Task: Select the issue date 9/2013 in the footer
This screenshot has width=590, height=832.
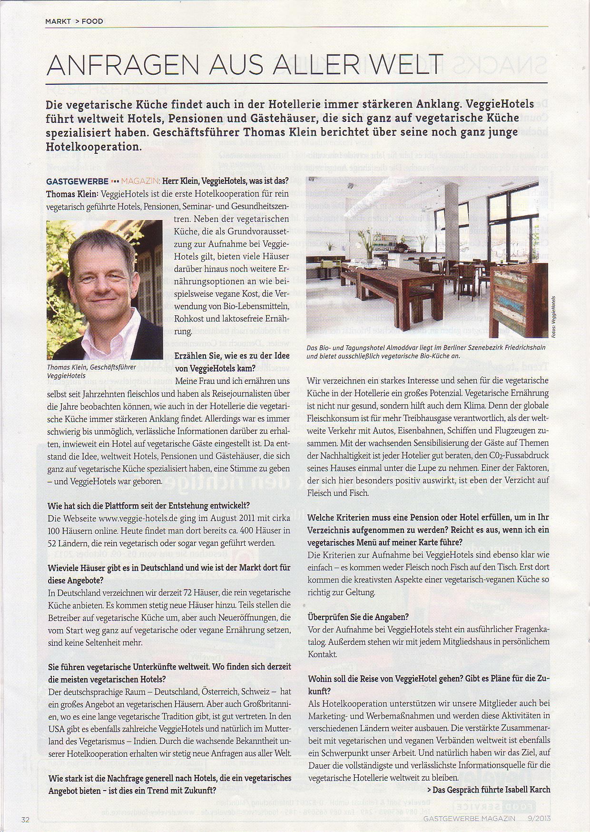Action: click(537, 819)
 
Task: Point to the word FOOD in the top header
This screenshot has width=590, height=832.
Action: click(92, 21)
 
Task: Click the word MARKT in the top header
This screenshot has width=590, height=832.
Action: click(58, 21)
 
